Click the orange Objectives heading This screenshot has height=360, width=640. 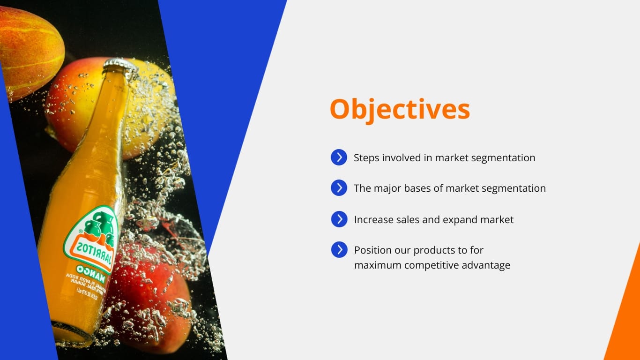click(x=400, y=109)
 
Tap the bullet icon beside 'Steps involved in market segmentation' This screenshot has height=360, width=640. click(x=339, y=157)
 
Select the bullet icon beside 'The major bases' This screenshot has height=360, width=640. click(x=339, y=188)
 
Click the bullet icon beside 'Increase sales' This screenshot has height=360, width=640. click(x=339, y=219)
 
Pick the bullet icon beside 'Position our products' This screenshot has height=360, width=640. click(x=339, y=249)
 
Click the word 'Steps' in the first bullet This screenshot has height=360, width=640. click(x=366, y=158)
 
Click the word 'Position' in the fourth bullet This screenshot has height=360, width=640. click(x=371, y=250)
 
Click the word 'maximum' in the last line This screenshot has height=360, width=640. click(x=378, y=265)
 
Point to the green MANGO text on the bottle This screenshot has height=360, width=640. click(x=91, y=272)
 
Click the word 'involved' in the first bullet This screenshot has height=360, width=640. click(x=403, y=158)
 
